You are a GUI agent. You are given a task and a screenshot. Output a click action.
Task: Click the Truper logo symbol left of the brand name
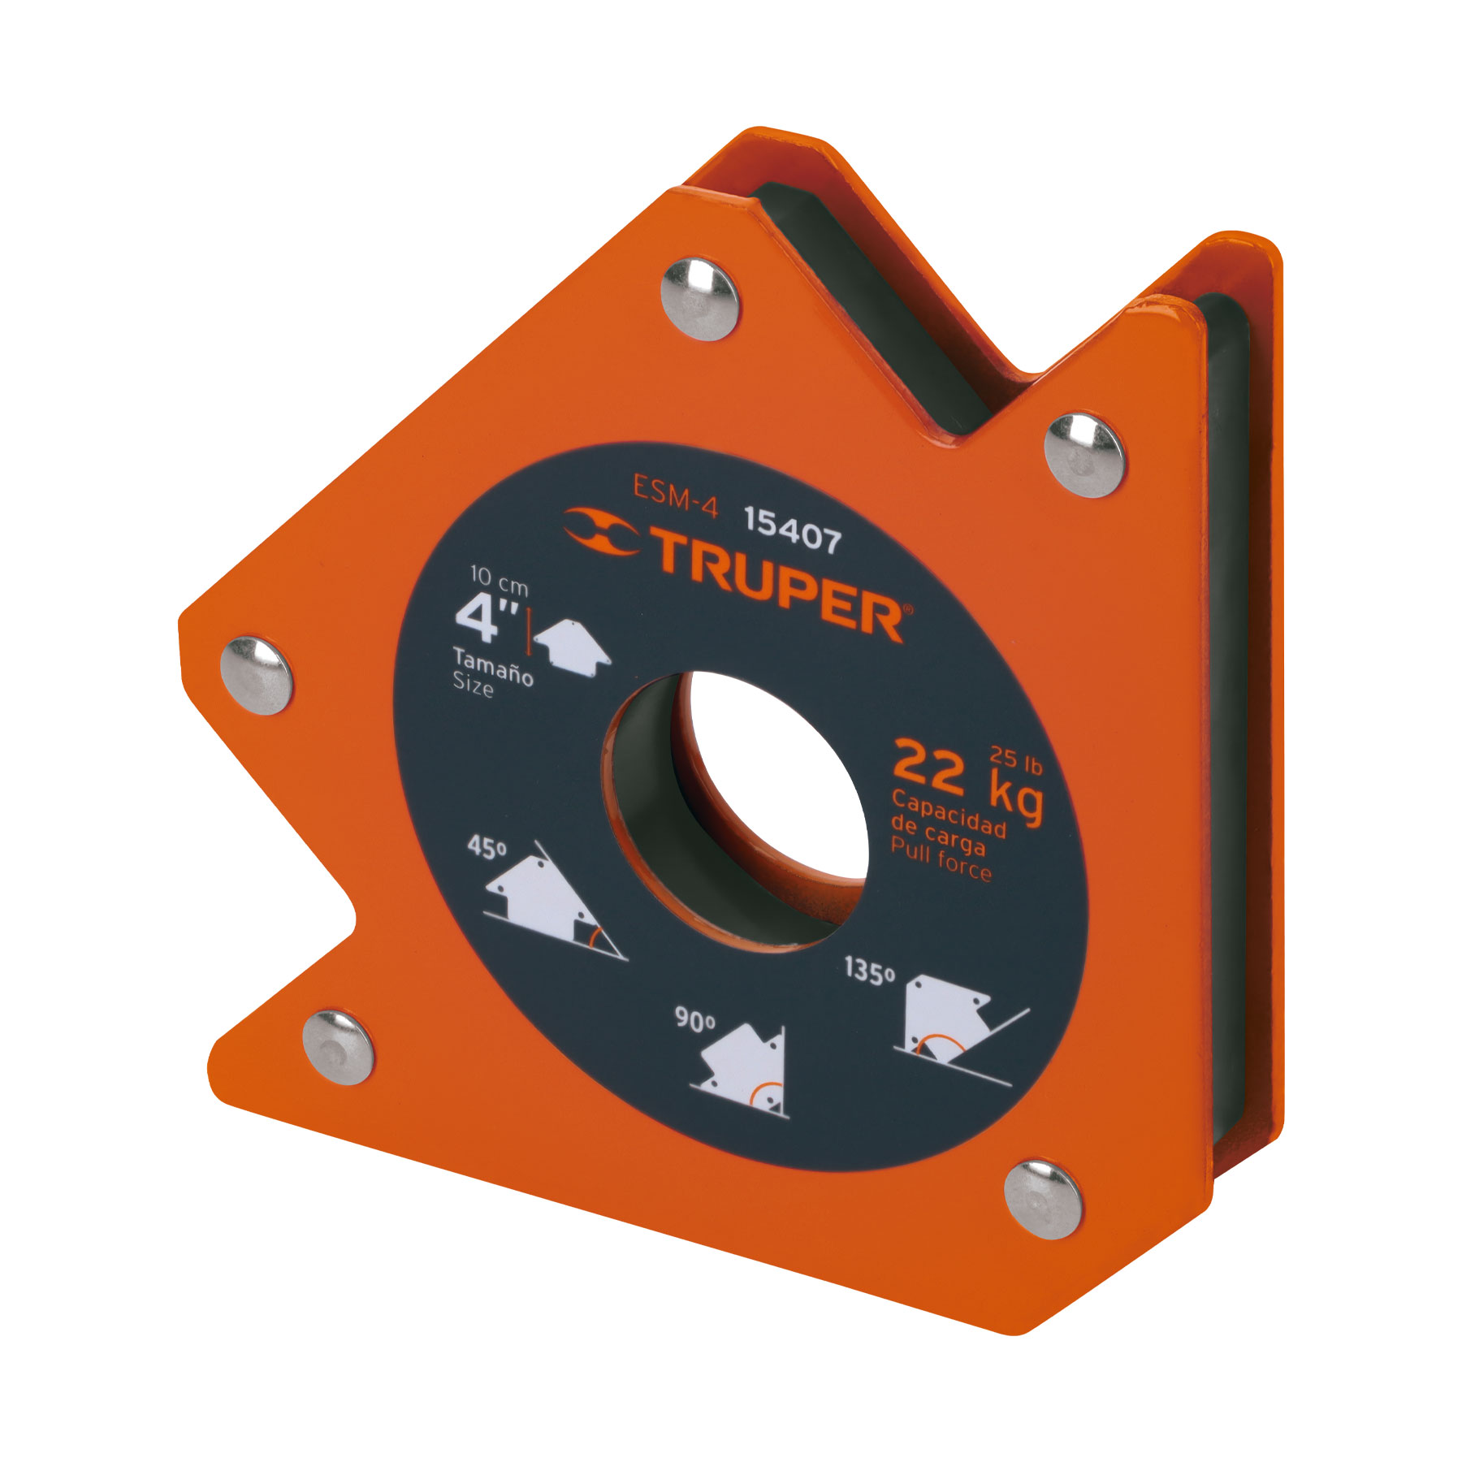tap(602, 533)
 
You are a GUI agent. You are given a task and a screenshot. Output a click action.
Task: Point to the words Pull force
tap(941, 860)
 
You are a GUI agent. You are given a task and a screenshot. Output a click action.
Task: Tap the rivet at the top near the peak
tap(699, 298)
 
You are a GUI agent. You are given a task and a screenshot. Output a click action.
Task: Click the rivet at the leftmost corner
tap(256, 675)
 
